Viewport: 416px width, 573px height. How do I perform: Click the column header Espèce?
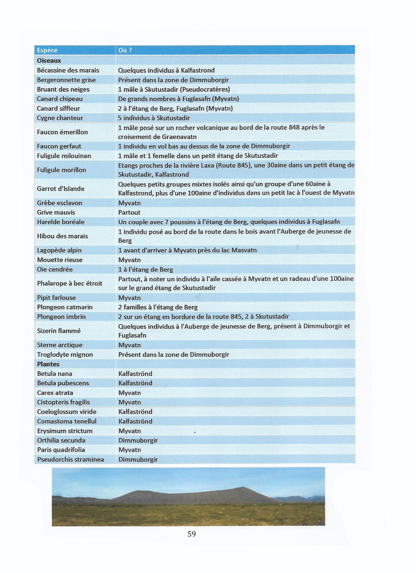coord(47,50)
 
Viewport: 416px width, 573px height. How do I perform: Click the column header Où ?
coord(125,50)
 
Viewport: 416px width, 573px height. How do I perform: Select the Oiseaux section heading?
coord(49,61)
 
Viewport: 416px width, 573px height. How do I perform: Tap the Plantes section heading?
coord(48,364)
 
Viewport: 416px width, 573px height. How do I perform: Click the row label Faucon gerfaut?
coord(59,146)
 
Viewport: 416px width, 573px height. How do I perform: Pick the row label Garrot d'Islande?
coord(61,189)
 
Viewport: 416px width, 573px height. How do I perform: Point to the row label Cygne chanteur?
coord(60,118)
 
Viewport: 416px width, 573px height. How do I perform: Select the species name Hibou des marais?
coord(62,236)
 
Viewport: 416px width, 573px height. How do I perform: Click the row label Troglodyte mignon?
coord(65,354)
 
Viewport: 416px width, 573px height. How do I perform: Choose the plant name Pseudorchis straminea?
coord(70,459)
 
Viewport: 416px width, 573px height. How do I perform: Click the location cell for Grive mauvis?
coord(129,213)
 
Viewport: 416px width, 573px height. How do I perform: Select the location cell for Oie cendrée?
coord(146,270)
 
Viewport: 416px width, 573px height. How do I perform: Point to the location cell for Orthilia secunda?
coord(138,440)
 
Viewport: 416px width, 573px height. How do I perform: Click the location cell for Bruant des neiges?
coord(174,90)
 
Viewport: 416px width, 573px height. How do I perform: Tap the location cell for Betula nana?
coord(135,374)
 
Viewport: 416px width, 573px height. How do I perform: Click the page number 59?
coord(192,534)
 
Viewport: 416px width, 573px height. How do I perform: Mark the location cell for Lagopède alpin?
coord(187,250)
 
